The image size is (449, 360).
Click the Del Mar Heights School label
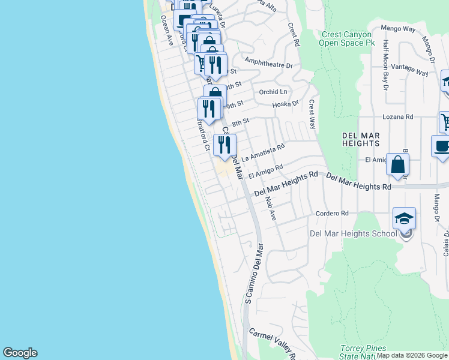click(x=353, y=233)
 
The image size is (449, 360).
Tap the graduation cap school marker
click(x=405, y=219)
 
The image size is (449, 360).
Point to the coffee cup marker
click(x=441, y=147)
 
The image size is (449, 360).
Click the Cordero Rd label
click(x=332, y=213)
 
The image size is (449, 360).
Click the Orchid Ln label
click(x=273, y=92)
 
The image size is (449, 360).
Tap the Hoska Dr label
click(x=285, y=104)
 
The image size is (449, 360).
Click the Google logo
click(x=20, y=353)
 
